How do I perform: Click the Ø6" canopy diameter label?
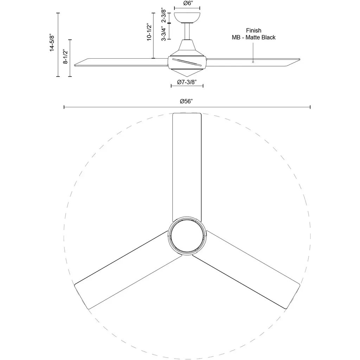pyautogui.click(x=188, y=3)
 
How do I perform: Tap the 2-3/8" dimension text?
pyautogui.click(x=164, y=15)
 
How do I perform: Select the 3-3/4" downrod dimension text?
pyautogui.click(x=164, y=33)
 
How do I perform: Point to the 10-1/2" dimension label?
pyautogui.click(x=149, y=32)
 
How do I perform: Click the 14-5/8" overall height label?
pyautogui.click(x=52, y=43)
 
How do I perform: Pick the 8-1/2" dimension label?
pyautogui.click(x=66, y=57)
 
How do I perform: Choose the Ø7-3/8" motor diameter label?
pyautogui.click(x=187, y=82)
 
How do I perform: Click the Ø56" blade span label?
pyautogui.click(x=186, y=101)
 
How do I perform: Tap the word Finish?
pyautogui.click(x=253, y=31)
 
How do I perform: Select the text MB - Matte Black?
pyautogui.click(x=253, y=37)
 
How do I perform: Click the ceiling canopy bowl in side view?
pyautogui.click(x=187, y=18)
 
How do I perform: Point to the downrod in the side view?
pyautogui.click(x=187, y=31)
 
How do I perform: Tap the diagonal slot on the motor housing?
pyautogui.click(x=187, y=62)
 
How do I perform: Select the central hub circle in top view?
pyautogui.click(x=187, y=236)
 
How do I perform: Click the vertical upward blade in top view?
pyautogui.click(x=187, y=166)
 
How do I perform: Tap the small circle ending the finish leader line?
pyautogui.click(x=253, y=62)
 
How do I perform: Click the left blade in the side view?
pyautogui.click(x=121, y=62)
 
